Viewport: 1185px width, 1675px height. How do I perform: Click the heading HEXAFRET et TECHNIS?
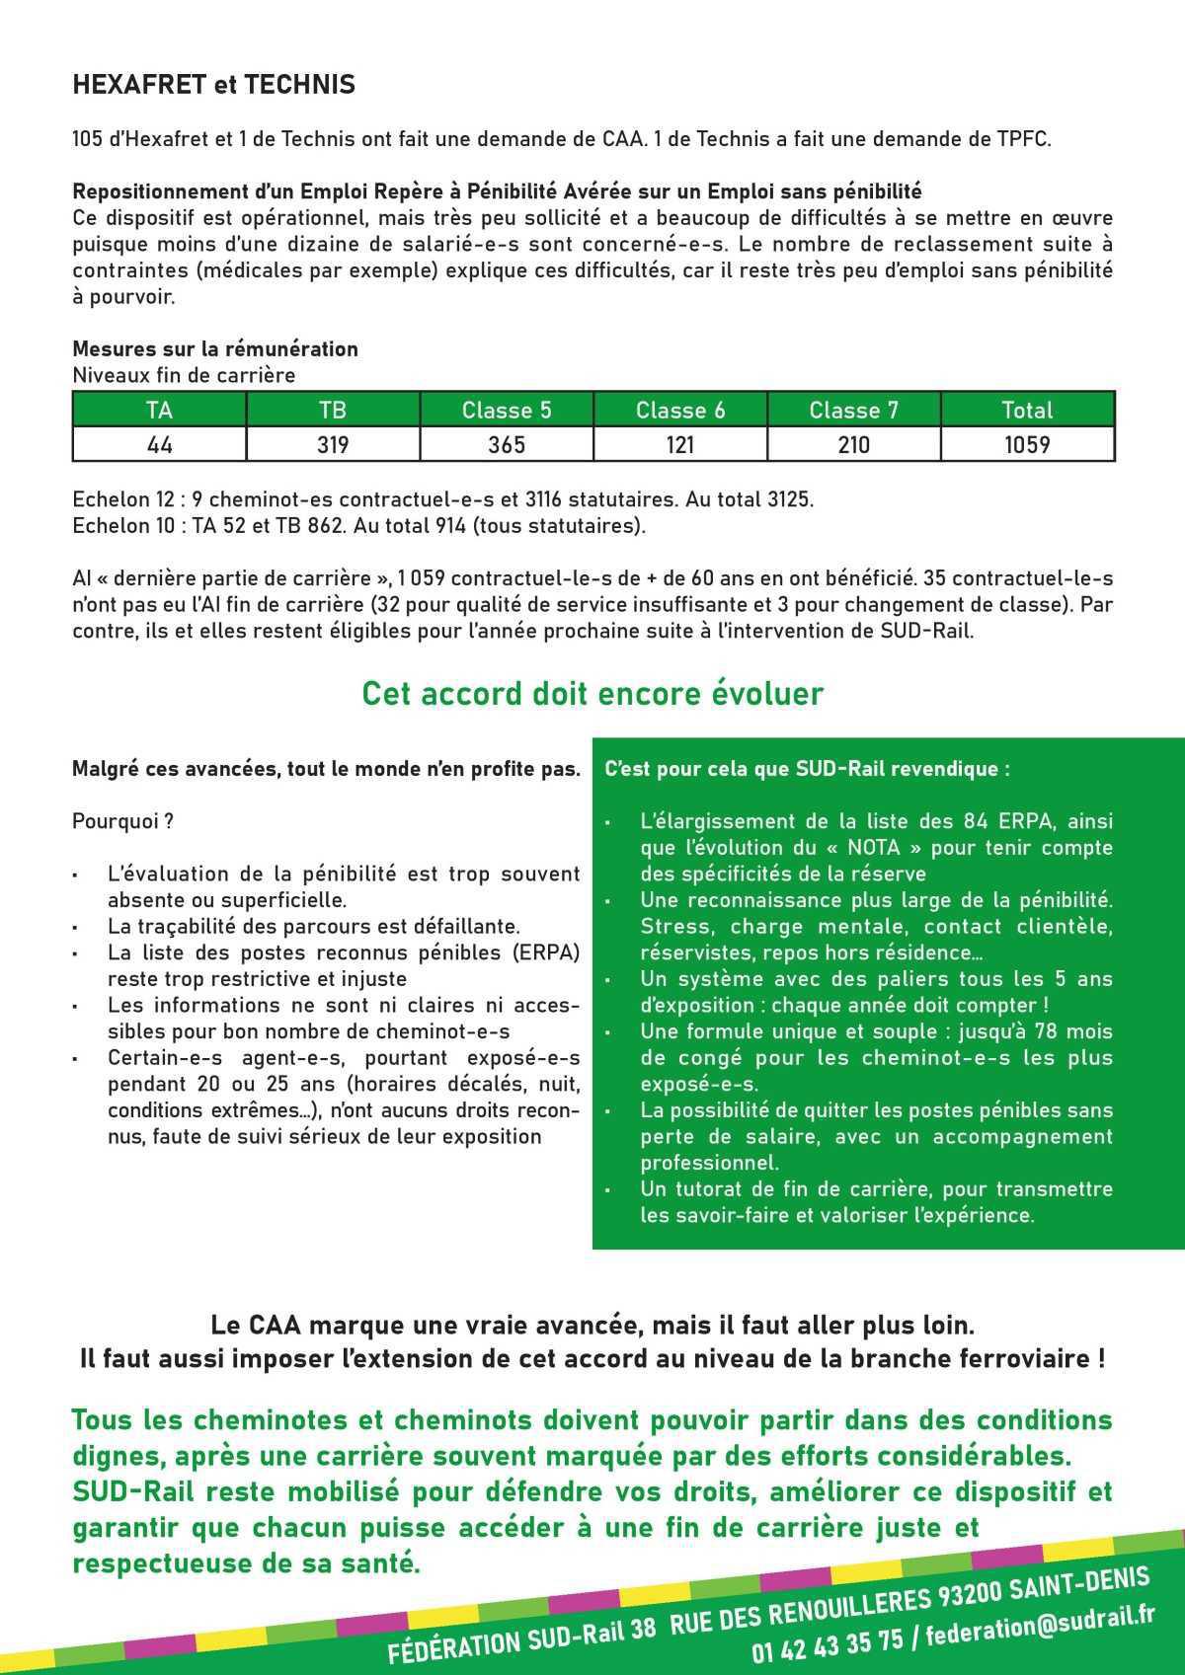point(213,86)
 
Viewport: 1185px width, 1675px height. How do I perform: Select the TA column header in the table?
point(159,411)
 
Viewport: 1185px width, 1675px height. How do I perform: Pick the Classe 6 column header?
point(679,411)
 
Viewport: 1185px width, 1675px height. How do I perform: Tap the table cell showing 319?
point(333,445)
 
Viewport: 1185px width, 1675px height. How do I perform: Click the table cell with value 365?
point(506,445)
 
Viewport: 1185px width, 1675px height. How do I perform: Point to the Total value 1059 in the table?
point(1027,445)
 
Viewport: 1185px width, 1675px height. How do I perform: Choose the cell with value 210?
point(853,445)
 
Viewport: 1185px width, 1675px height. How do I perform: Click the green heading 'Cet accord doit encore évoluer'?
point(592,694)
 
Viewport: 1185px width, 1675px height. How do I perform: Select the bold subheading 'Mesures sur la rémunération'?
point(215,349)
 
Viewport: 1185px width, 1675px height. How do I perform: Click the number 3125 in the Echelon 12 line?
point(789,499)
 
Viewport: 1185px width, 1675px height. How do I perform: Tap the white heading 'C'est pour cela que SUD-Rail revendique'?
point(807,769)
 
